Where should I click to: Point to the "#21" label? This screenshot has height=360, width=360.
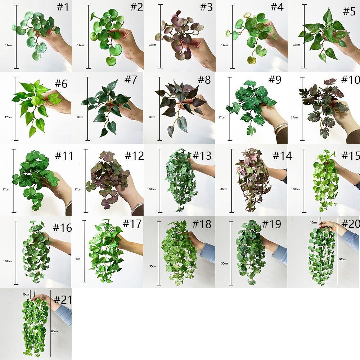click(63, 299)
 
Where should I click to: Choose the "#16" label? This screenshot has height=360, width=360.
click(62, 228)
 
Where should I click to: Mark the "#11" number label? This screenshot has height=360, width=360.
click(64, 156)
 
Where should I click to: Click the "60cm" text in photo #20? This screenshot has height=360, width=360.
click(342, 259)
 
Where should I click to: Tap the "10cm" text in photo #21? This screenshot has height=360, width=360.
click(25, 294)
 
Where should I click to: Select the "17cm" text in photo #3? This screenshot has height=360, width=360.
click(152, 45)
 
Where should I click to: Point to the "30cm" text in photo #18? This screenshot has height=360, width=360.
click(152, 266)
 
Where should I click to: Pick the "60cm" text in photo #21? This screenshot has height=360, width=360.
click(54, 331)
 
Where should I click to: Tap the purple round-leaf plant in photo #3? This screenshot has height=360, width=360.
click(176, 40)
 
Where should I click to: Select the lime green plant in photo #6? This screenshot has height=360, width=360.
click(34, 103)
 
